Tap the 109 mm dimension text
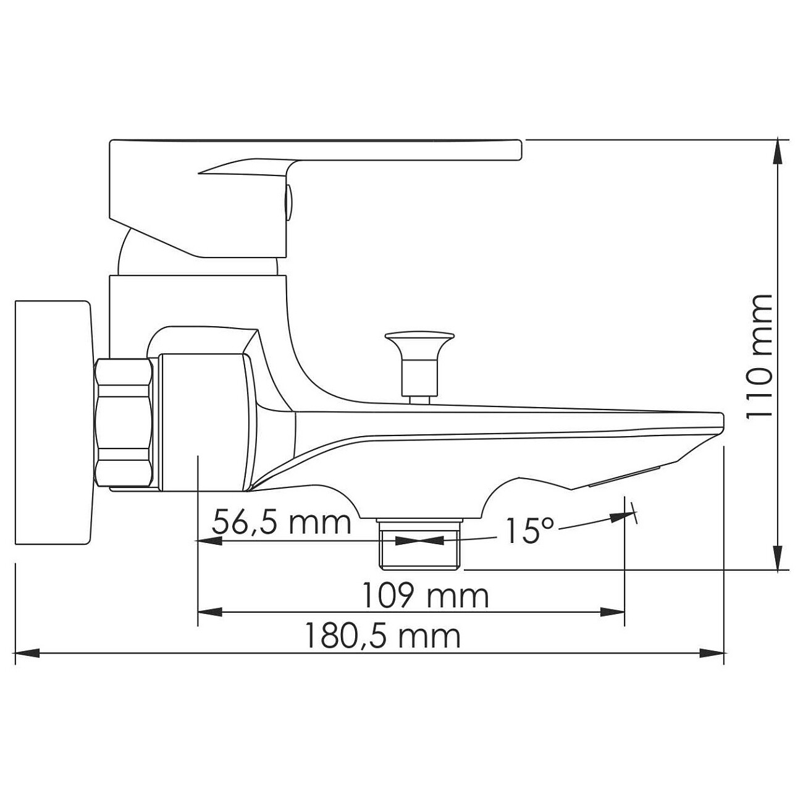point(425,596)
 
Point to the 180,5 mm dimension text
point(383,636)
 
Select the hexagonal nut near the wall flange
point(124,423)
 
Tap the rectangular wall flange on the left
point(53,423)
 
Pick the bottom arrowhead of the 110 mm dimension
point(781,559)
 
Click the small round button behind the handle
point(288,201)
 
